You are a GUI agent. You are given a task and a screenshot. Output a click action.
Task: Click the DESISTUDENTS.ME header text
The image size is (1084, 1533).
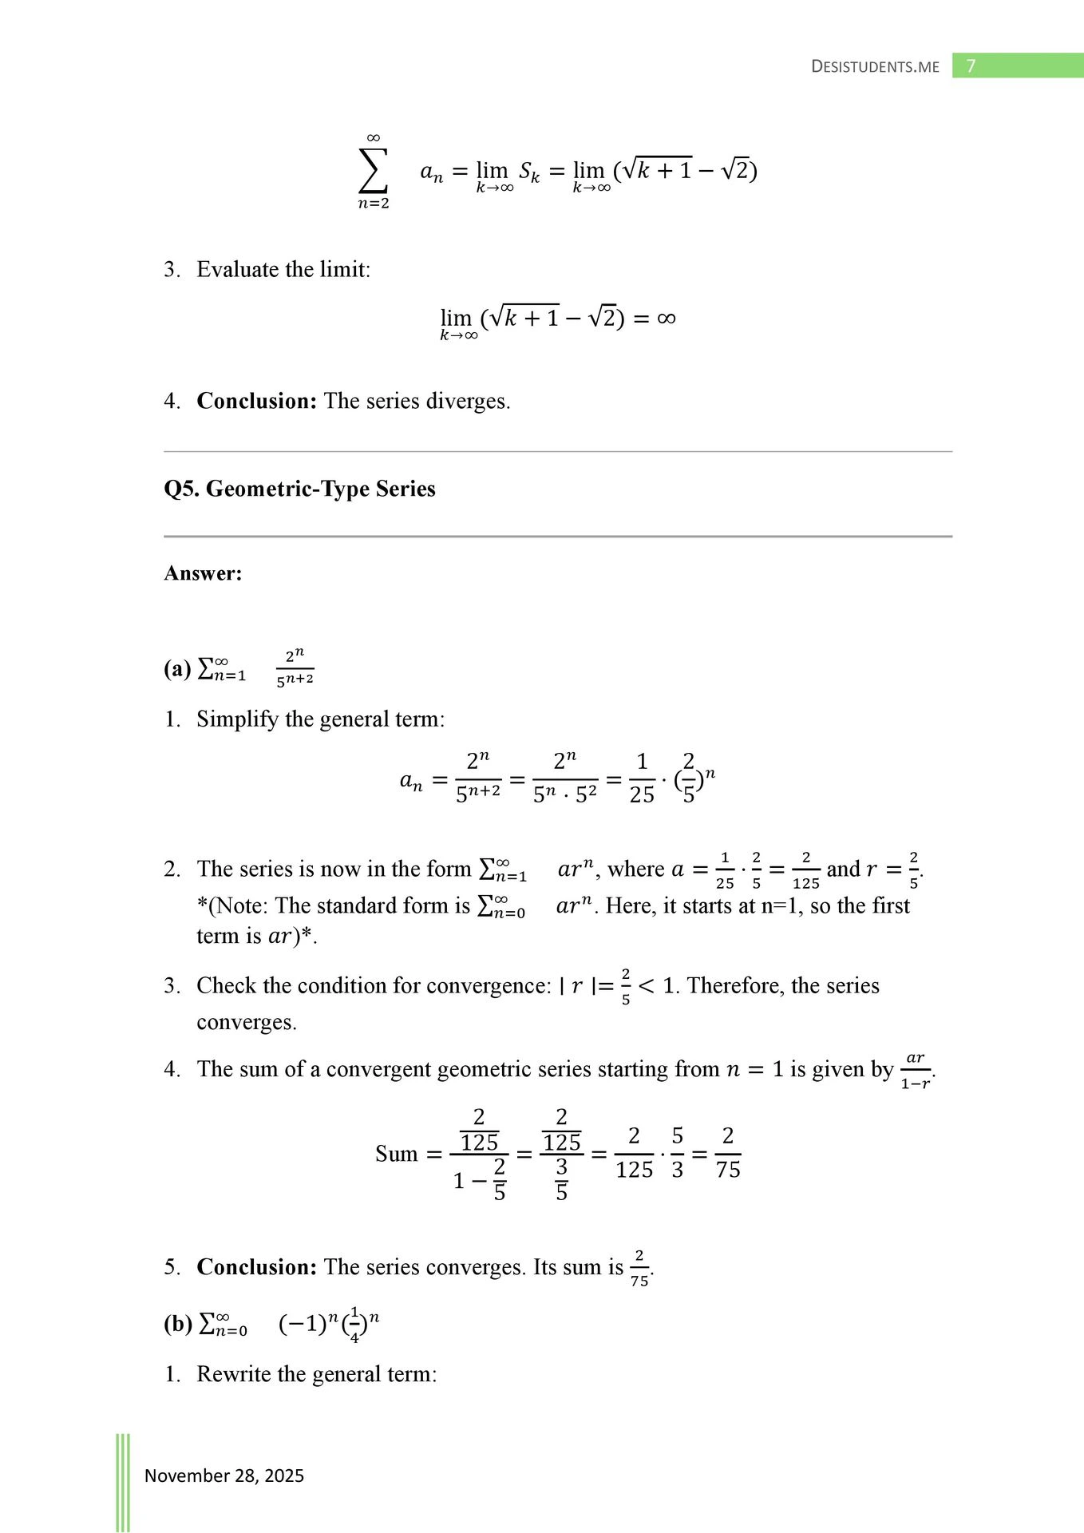[875, 66]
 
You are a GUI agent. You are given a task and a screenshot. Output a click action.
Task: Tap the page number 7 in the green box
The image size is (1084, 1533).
[971, 65]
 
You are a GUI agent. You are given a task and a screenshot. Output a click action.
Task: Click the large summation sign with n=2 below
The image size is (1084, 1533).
[373, 171]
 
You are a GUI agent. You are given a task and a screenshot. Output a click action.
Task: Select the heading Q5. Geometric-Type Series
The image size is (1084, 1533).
[299, 489]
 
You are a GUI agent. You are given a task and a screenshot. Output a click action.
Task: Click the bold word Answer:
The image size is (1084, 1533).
[203, 573]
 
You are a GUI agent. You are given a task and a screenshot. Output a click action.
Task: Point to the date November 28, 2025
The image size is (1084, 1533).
[224, 1476]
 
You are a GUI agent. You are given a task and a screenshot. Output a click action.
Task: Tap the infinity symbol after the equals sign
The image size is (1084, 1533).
[666, 319]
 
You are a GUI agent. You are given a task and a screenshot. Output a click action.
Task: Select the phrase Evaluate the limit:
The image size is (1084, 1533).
[283, 270]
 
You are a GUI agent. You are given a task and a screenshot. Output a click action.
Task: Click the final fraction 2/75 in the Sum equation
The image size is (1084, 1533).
[727, 1153]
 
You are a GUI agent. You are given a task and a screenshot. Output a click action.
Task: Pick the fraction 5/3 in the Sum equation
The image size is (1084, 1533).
[677, 1153]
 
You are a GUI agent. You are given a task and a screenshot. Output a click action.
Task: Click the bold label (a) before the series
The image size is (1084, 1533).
[177, 669]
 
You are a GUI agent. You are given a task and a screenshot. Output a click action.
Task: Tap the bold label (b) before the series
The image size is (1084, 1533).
[178, 1324]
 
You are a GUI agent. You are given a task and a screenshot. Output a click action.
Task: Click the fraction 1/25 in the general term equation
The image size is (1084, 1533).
[642, 778]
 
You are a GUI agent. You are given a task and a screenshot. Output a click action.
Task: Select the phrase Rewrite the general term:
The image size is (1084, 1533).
[317, 1374]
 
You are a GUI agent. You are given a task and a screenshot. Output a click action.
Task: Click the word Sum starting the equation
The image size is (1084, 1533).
[396, 1155]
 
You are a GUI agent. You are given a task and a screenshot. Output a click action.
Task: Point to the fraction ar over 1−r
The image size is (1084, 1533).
[916, 1071]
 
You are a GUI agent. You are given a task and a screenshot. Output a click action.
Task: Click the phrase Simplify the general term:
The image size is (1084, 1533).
[320, 719]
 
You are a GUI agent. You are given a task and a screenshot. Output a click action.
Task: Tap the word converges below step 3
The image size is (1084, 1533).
[246, 1023]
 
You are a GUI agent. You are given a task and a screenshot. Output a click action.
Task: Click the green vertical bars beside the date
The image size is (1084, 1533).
[123, 1482]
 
